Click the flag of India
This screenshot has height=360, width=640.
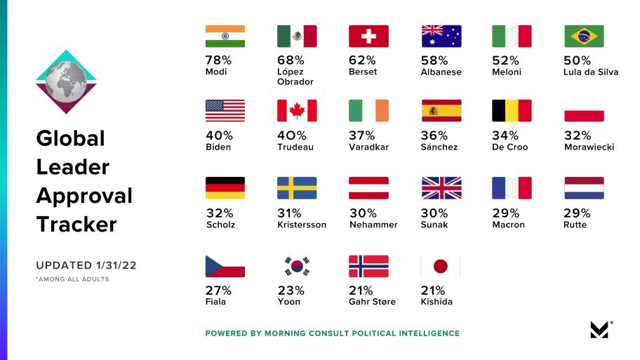(225, 36)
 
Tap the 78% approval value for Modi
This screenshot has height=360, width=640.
(218, 60)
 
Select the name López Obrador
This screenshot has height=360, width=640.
(295, 76)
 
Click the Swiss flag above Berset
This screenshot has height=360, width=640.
(368, 36)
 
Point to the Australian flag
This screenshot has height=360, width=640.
(441, 36)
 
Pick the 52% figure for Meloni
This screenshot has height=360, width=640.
(505, 60)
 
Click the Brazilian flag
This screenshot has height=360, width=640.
(585, 36)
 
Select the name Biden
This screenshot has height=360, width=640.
(218, 147)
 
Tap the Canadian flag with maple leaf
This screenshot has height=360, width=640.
(297, 111)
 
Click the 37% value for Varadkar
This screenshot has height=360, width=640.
(361, 135)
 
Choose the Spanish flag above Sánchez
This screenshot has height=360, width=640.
(441, 111)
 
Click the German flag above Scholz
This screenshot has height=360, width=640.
(225, 188)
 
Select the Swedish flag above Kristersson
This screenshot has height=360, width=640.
(297, 188)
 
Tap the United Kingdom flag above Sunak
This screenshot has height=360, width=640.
(441, 188)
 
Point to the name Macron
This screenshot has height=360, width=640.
(508, 225)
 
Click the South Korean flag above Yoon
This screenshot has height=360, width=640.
(297, 266)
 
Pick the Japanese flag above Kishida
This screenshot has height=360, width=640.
(441, 266)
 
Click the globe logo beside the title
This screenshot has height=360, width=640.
(66, 82)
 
